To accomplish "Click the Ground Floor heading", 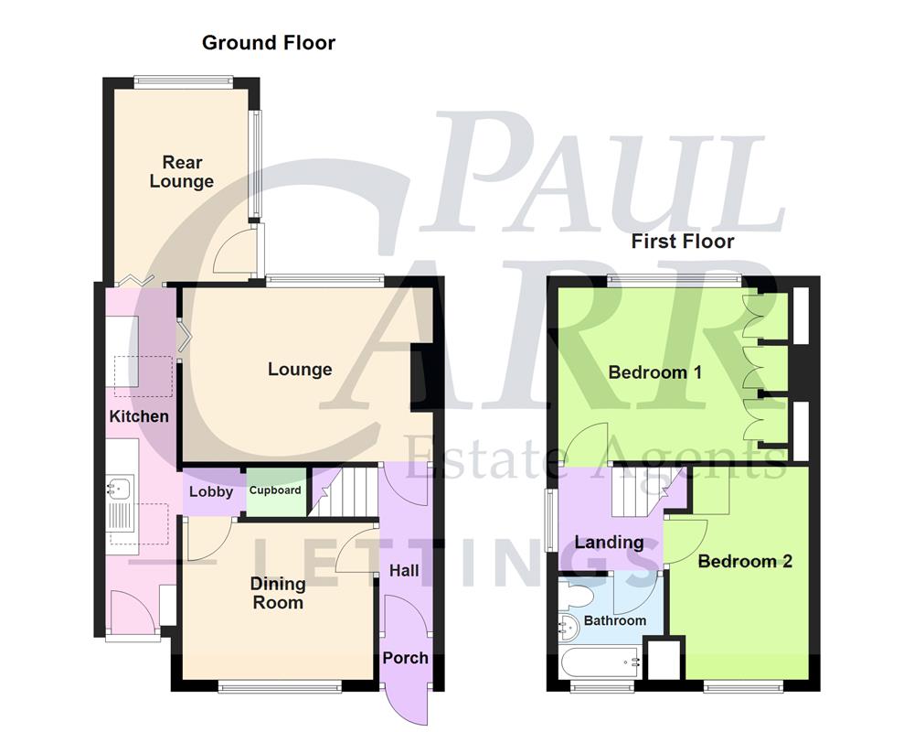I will [x=268, y=42].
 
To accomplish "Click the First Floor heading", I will [x=683, y=242].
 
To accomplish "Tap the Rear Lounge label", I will [x=182, y=172].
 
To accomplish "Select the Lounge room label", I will [x=299, y=370].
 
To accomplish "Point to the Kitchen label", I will [x=139, y=416].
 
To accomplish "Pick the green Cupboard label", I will [x=275, y=490].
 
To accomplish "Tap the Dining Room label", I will [x=278, y=593].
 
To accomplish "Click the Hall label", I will [x=404, y=570].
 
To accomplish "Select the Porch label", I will [x=405, y=658].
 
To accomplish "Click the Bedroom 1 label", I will [x=654, y=372].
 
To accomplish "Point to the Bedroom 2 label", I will [x=744, y=561].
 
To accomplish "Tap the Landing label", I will [x=609, y=542].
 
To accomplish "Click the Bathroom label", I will [x=615, y=620].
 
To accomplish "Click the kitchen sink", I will [x=121, y=489].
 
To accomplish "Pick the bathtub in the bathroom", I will [x=599, y=659].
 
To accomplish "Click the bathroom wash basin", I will [x=567, y=629].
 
